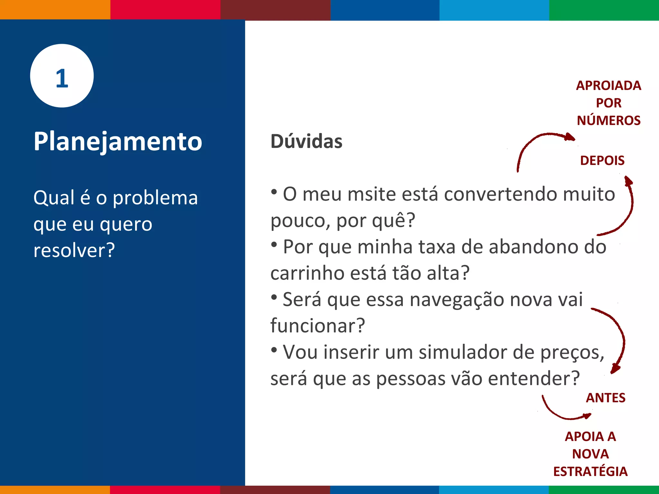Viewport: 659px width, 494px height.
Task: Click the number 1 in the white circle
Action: point(62,78)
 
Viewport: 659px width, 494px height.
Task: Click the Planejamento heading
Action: point(118,142)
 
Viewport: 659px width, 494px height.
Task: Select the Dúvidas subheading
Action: point(306,142)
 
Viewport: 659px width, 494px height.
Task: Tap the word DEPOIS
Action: point(602,160)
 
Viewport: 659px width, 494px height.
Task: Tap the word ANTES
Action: point(606,398)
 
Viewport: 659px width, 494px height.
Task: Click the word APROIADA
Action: point(608,86)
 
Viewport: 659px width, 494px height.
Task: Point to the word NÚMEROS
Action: point(608,120)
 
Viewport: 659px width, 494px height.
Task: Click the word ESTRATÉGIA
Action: point(590,471)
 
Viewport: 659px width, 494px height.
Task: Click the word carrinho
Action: point(307,273)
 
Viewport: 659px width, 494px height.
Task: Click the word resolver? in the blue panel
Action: point(74,250)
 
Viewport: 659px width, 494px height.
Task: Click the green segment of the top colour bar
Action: point(604,10)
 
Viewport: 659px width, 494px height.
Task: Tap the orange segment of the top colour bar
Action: point(55,10)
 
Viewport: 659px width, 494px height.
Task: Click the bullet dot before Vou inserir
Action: point(274,350)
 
